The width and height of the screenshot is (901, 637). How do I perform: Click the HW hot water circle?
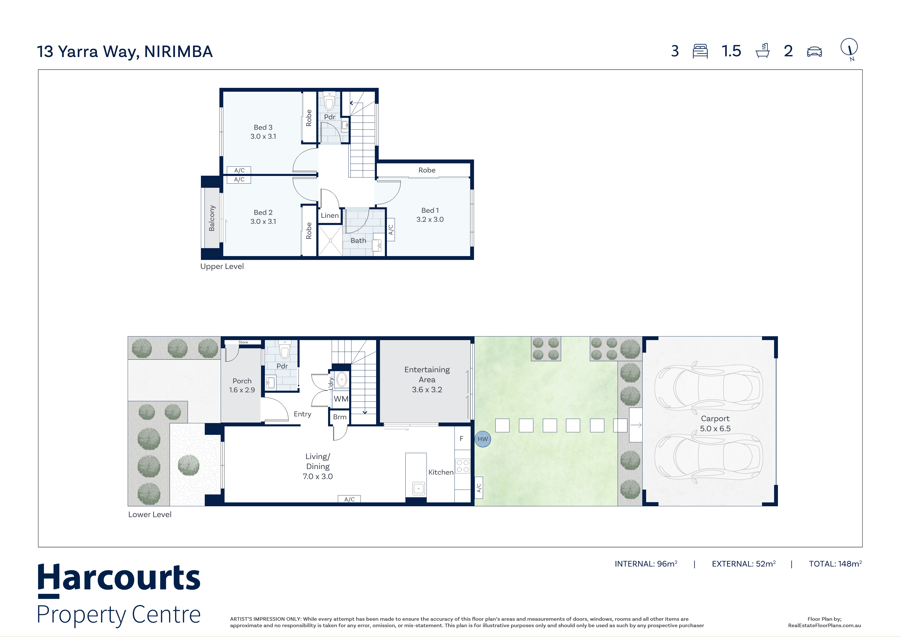coord(483,439)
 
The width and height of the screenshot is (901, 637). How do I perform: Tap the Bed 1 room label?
coord(430,211)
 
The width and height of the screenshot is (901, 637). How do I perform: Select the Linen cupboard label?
coord(330,215)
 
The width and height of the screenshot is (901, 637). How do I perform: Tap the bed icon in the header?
coord(700,51)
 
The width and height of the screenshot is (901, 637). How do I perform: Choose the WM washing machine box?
coord(341,399)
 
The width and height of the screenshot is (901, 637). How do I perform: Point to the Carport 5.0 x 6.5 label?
coord(716,424)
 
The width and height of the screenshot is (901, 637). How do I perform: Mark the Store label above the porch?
coord(243,342)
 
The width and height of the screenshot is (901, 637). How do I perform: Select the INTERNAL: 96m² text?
coord(646,564)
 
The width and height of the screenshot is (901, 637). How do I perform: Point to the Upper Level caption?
coord(222,266)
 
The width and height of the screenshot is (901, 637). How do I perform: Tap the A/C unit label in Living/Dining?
coord(349,499)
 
